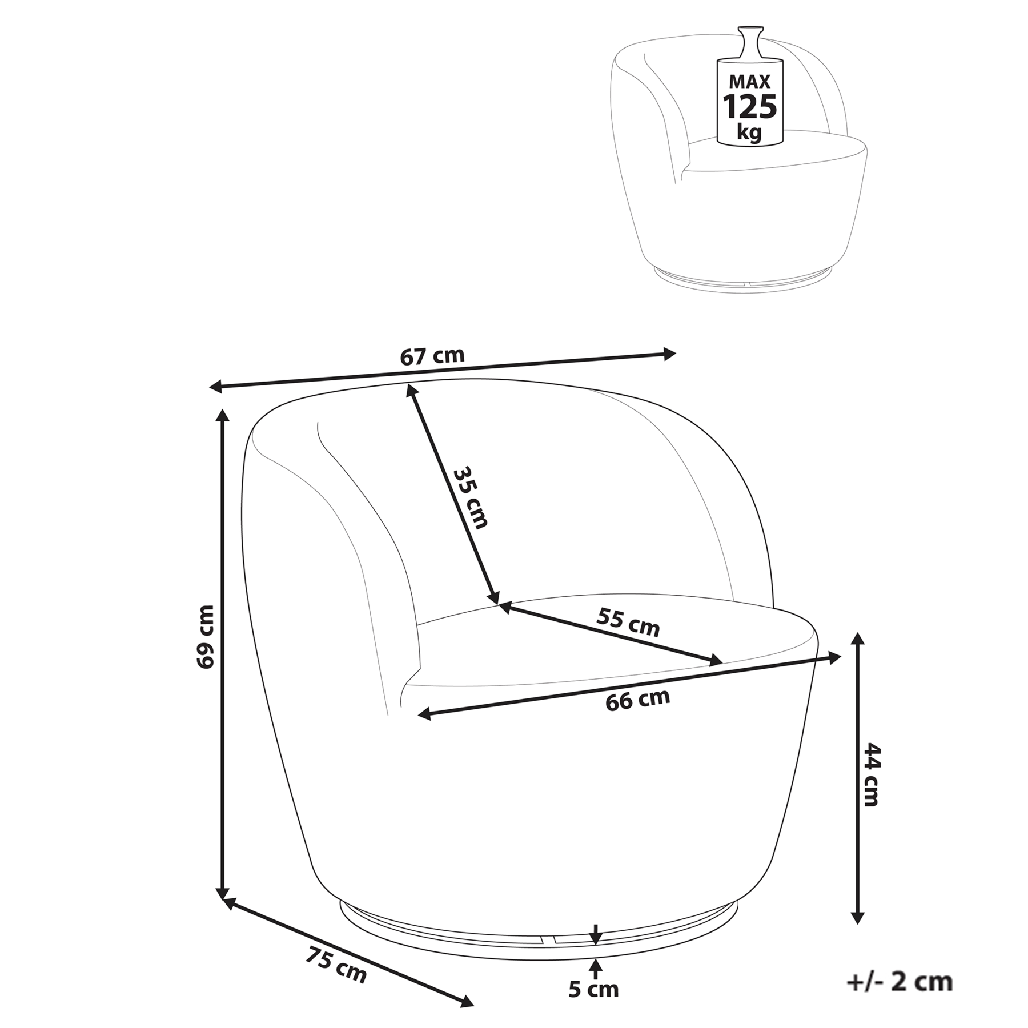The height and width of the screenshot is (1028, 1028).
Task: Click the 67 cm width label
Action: click(432, 356)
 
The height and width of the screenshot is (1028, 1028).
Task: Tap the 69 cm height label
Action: click(205, 636)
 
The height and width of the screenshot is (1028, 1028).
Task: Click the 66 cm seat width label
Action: click(637, 699)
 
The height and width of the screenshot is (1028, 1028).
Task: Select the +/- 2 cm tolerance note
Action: click(899, 982)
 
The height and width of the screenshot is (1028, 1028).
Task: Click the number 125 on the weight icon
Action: click(750, 106)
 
